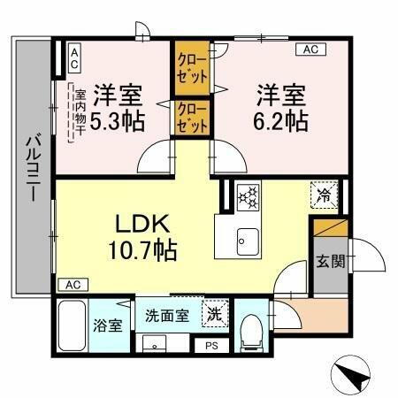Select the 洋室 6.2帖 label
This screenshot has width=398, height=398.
point(282,106)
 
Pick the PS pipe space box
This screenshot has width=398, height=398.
point(210,346)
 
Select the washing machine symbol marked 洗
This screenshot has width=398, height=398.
point(212,312)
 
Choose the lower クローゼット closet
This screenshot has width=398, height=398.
point(191,118)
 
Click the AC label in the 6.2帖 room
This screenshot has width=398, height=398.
point(310,50)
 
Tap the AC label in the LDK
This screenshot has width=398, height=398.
point(73,285)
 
